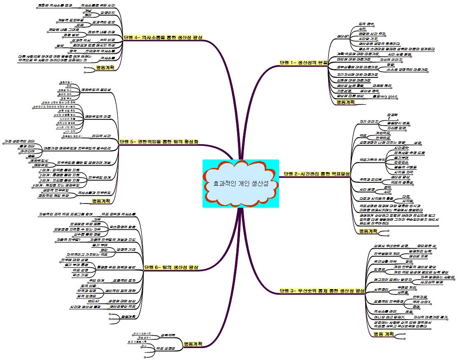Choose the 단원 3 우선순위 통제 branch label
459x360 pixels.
[322, 291]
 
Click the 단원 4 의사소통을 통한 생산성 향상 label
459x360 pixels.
[163, 37]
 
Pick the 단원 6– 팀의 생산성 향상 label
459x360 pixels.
[171, 267]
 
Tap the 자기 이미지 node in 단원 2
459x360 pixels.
[369, 122]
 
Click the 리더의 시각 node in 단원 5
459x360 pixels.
[101, 135]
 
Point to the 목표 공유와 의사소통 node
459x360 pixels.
[118, 214]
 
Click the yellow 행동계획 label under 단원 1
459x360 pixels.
[345, 102]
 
